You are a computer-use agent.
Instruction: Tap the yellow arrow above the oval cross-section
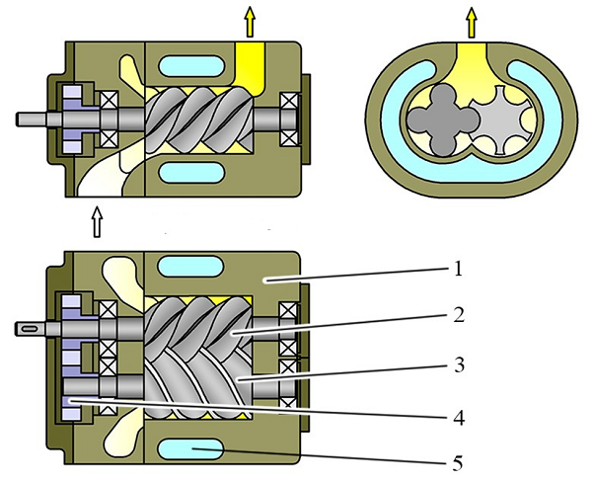(x=472, y=19)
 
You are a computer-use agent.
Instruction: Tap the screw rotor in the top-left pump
(x=197, y=119)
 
